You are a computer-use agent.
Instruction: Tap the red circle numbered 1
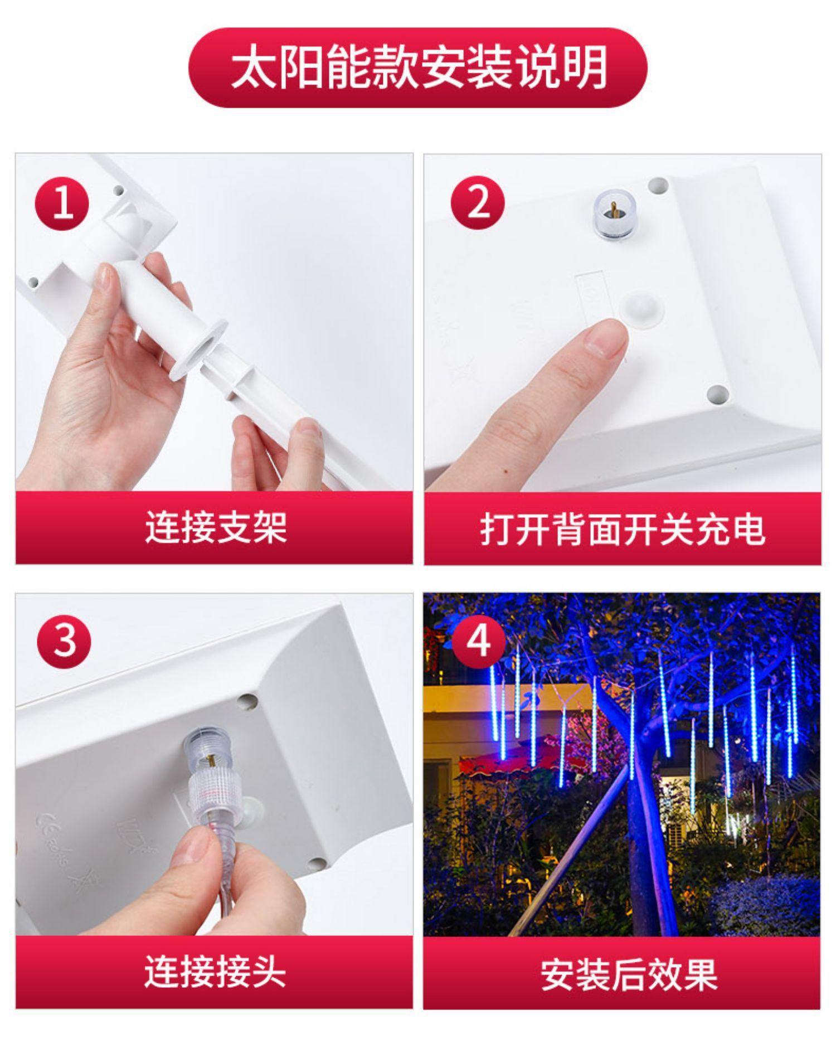[x=62, y=203]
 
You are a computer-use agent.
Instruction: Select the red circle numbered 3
[x=64, y=642]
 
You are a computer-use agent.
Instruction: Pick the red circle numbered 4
[x=478, y=642]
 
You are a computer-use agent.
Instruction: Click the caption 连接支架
[x=216, y=527]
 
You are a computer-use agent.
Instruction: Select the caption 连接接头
[x=215, y=971]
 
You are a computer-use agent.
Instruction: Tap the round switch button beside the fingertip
[x=641, y=308]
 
